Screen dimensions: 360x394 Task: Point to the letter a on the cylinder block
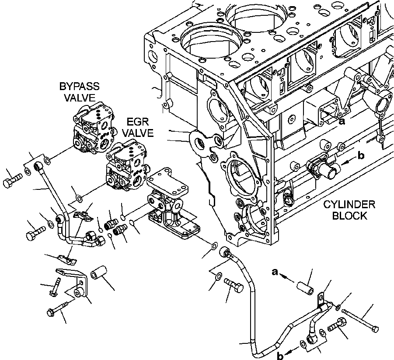click(342, 122)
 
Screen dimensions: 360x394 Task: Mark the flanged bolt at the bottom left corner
click(55, 311)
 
